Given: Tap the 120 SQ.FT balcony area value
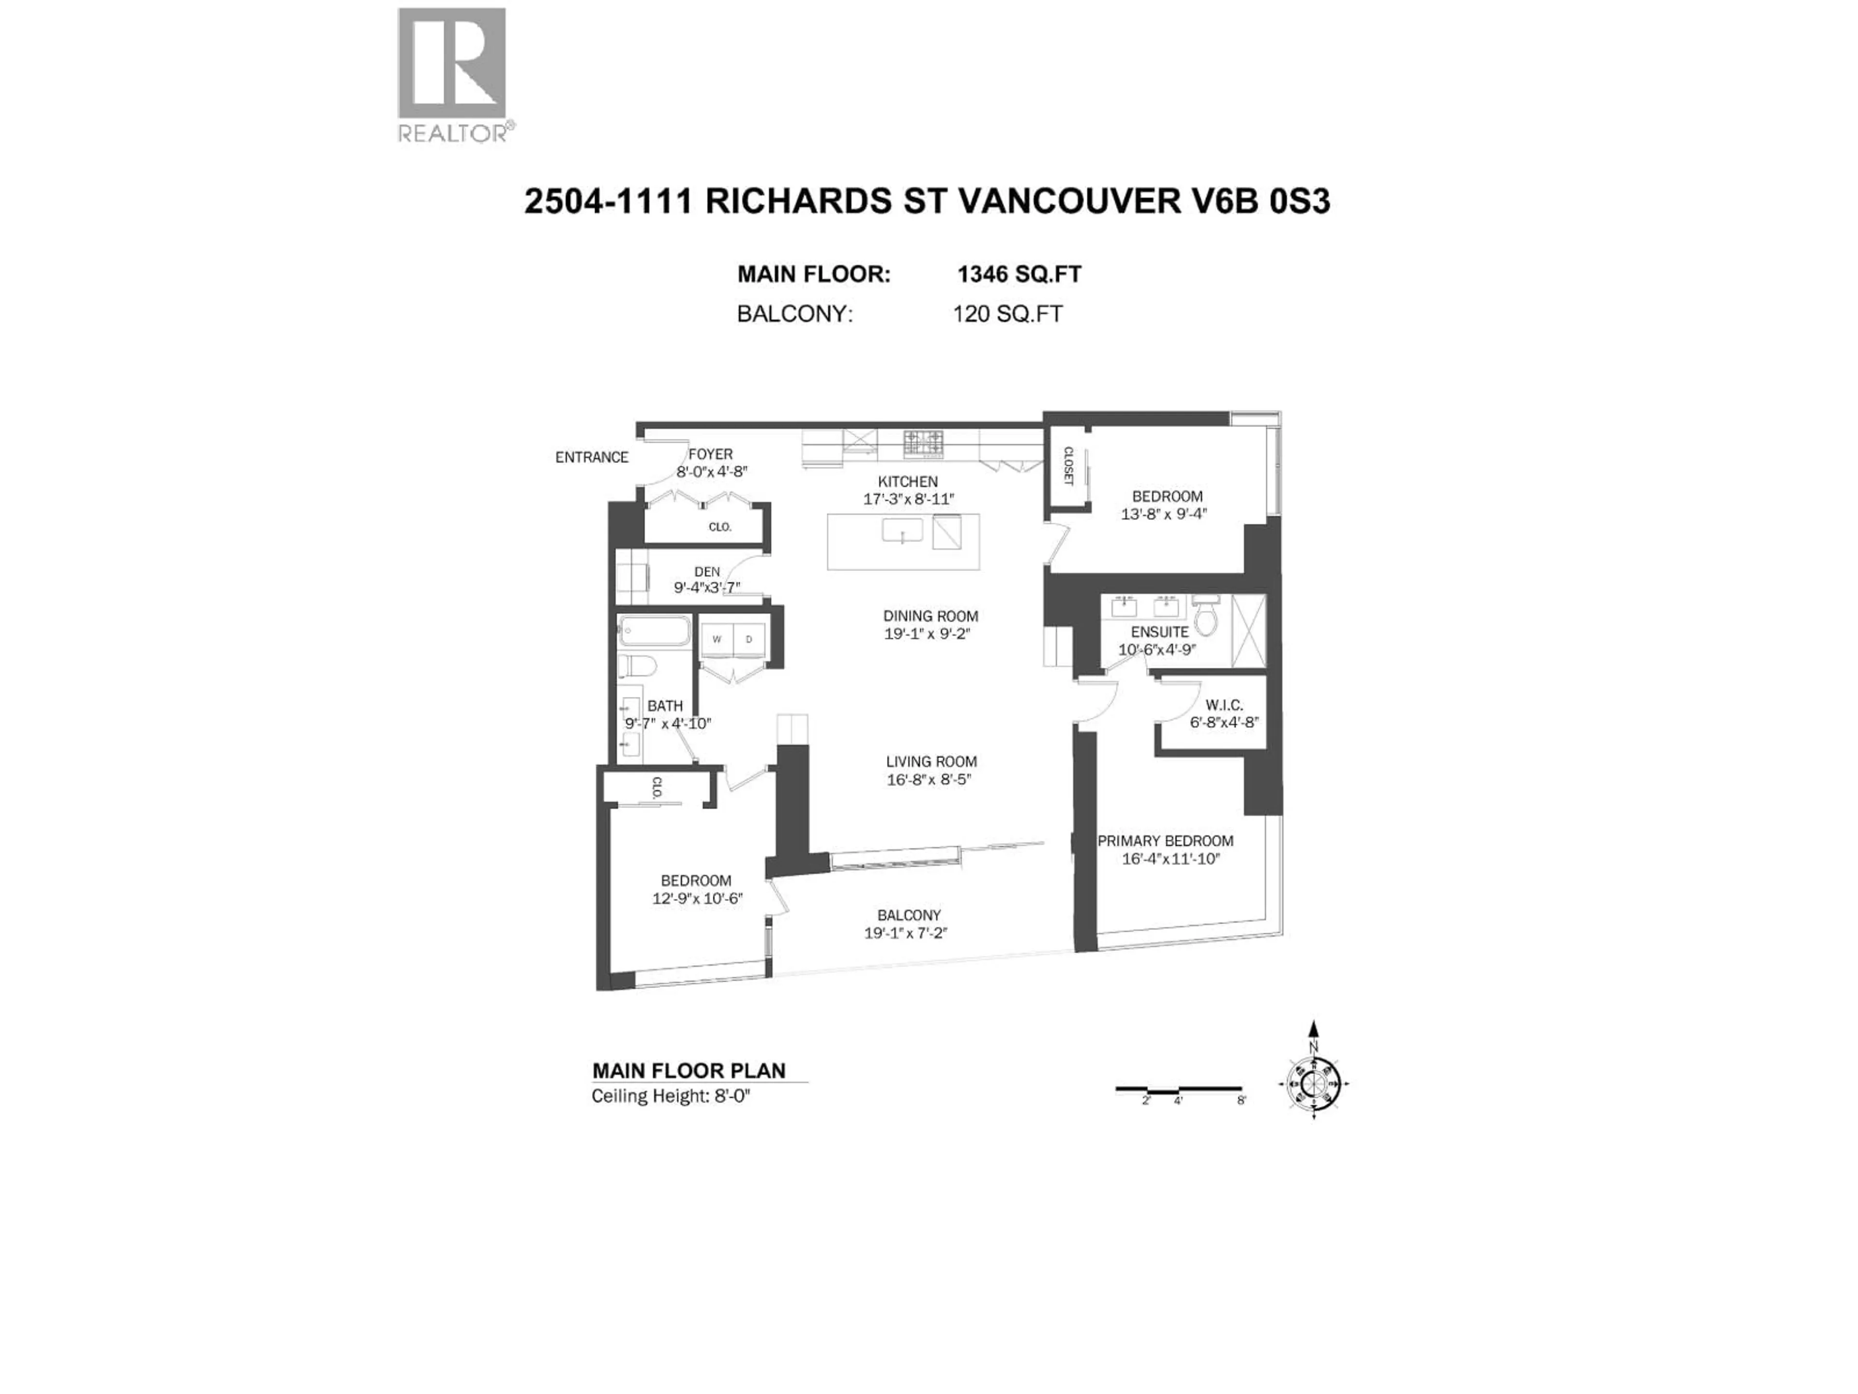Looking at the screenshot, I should [1007, 314].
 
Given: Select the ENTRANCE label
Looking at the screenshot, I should [591, 457].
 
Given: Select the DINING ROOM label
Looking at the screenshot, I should [930, 616].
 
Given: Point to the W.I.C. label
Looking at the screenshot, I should [1223, 705].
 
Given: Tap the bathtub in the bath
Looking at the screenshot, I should [654, 631].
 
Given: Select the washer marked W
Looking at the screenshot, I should [717, 638].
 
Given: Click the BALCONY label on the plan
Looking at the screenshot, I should [909, 915].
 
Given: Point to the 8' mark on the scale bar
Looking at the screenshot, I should [1242, 1100].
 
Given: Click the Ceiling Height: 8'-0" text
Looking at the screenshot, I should [670, 1096].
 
